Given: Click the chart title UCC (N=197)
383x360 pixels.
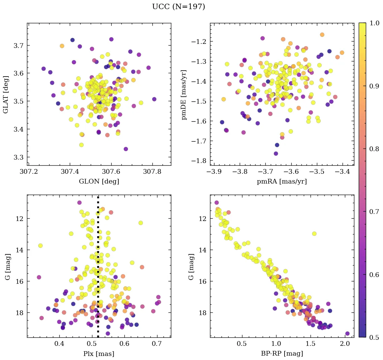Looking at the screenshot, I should coord(178,7).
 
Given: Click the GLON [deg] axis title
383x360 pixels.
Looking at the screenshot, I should coord(99,182).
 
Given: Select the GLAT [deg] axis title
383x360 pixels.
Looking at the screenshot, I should coord(6,94).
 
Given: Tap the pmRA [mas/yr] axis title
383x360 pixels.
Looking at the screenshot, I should coord(282,182).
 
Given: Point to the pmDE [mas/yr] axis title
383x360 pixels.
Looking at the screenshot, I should coord(184,94).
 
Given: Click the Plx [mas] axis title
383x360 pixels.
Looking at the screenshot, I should coord(99,354).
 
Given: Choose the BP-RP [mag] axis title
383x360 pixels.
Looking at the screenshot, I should coord(282,354).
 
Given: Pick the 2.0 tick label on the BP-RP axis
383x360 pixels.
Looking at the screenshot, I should coord(345,344).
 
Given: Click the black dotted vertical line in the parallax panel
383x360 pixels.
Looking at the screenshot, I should coord(98,270).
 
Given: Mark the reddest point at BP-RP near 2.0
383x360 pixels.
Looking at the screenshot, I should coord(347,334).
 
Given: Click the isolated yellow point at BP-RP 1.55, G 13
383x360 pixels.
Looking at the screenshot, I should coord(314,233).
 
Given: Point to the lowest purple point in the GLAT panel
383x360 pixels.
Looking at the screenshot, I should coord(126,149).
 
